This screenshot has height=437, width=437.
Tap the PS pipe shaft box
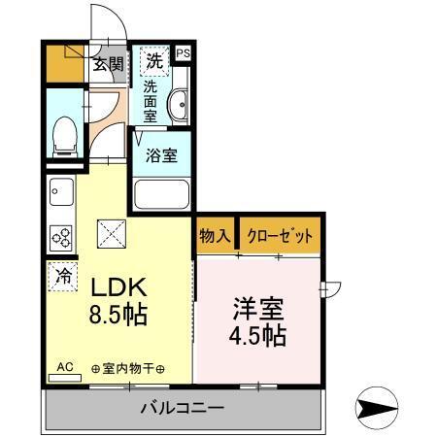point(183,55)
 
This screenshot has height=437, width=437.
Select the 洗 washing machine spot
point(153,61)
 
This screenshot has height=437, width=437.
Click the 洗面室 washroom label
point(151,101)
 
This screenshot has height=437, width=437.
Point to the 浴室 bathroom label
point(160,154)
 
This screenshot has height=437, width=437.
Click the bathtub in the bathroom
point(161,194)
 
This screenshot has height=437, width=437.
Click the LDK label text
point(118,288)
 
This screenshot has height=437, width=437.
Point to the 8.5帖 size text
point(118,316)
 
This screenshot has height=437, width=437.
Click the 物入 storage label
point(215,236)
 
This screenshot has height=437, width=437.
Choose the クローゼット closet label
point(280,236)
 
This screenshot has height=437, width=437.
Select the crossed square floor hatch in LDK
point(109,233)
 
